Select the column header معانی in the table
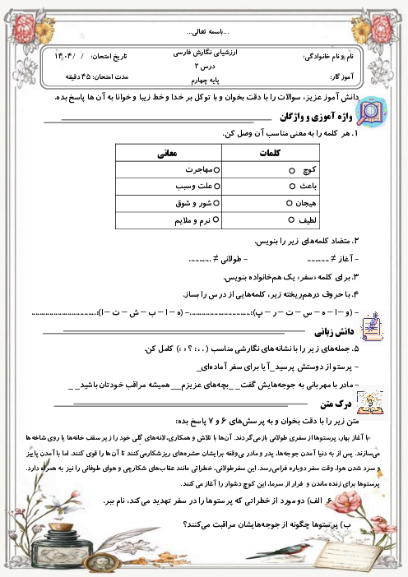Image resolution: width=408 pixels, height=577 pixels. (168, 153)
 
